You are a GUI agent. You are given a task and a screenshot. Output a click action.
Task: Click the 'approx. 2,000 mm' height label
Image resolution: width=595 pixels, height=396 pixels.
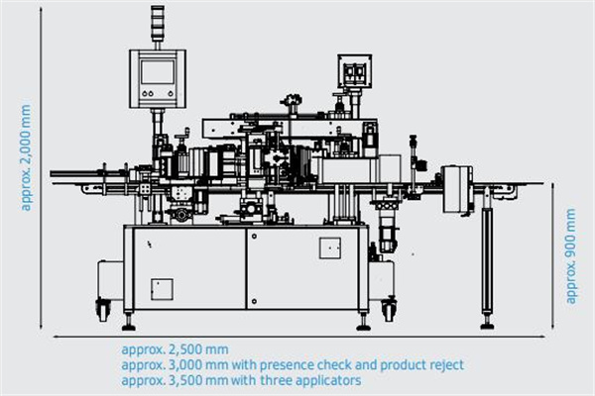tap(26, 157)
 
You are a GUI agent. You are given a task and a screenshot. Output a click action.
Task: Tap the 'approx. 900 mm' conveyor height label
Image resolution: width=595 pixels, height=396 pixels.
tap(571, 255)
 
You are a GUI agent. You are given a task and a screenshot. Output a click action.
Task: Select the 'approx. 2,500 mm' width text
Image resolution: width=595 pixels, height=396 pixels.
tap(175, 349)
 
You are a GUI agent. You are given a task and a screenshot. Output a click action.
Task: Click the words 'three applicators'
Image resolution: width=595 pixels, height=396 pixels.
tap(310, 380)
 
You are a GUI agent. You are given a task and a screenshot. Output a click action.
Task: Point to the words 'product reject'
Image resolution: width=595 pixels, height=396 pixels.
tap(422, 365)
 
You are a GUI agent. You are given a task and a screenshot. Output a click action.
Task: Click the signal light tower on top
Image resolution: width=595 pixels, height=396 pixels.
tap(157, 23)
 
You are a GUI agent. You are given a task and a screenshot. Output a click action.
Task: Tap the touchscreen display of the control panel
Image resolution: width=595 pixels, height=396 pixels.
tap(157, 71)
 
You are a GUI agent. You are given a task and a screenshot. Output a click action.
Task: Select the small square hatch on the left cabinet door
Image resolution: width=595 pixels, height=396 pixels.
tap(162, 289)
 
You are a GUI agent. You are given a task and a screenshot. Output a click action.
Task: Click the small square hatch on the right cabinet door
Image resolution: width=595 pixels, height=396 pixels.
tap(330, 248)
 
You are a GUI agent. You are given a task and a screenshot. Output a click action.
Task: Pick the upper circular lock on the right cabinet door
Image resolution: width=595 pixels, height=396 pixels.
tap(254, 237)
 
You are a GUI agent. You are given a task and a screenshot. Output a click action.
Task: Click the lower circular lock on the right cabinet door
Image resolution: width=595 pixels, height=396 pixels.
tap(254, 302)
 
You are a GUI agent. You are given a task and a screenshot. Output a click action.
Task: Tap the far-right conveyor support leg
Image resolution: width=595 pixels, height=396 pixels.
tap(487, 257)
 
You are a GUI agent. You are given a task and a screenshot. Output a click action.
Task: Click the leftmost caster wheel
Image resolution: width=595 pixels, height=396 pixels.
tap(103, 309)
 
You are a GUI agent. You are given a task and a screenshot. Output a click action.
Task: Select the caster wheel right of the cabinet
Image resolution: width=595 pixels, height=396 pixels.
tap(389, 309)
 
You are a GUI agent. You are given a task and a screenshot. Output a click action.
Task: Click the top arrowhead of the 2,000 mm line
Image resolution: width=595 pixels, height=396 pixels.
tap(41, 9)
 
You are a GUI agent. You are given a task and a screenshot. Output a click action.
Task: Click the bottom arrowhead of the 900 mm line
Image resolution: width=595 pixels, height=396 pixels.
tap(553, 327)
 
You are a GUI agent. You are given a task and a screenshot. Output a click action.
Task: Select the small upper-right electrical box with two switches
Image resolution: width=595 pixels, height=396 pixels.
tap(354, 71)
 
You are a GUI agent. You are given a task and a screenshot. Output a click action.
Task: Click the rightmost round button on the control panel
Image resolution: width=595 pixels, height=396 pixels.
tap(171, 94)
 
